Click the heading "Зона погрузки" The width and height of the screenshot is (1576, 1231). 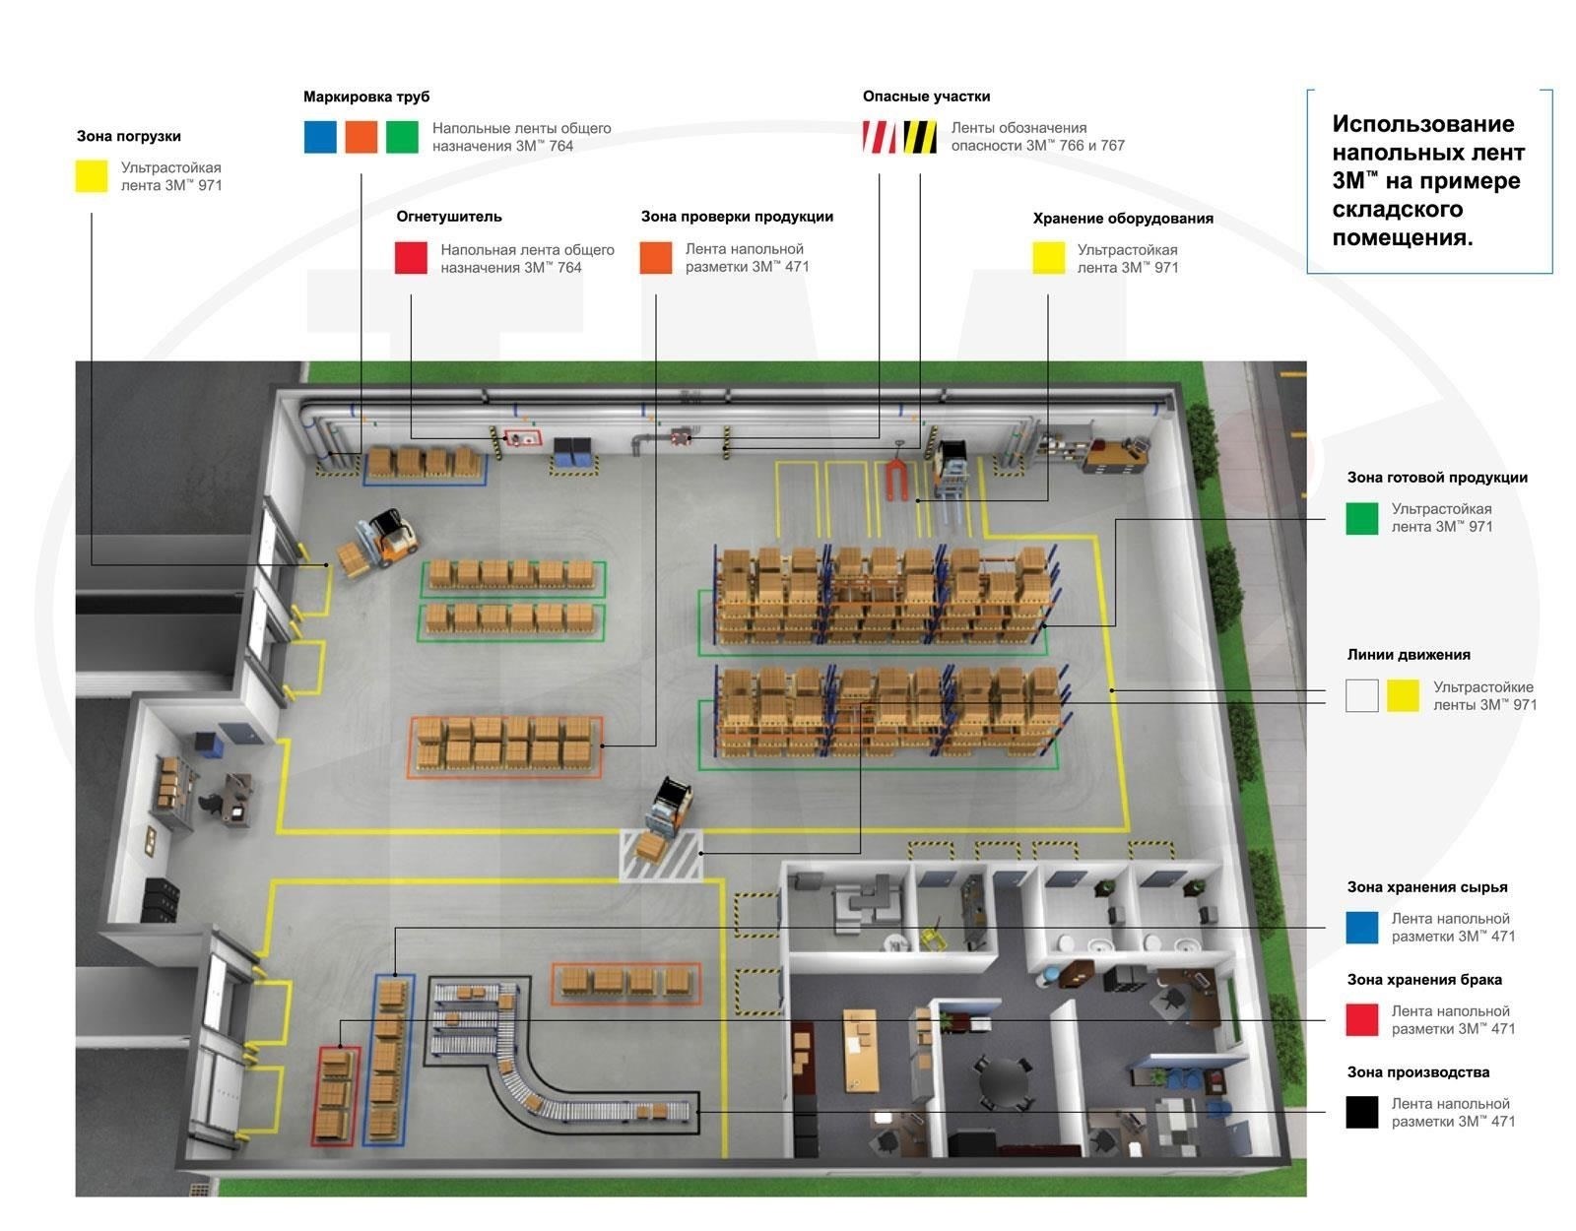[x=129, y=136]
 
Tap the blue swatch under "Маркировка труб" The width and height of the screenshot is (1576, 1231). [x=320, y=137]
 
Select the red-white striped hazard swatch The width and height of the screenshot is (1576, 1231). [x=879, y=137]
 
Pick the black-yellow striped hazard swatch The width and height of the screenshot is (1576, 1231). [x=920, y=137]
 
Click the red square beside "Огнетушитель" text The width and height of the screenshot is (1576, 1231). [x=411, y=258]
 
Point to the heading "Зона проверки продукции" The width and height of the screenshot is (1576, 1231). [x=737, y=217]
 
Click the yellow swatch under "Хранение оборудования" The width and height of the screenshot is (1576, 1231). [x=1048, y=258]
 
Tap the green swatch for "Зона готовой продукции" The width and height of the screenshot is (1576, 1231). [x=1362, y=518]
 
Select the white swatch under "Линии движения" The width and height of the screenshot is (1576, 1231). [x=1362, y=695]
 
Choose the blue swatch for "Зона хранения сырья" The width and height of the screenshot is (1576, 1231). [x=1362, y=928]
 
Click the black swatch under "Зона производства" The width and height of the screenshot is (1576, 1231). [x=1362, y=1113]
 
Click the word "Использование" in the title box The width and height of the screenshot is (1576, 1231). [x=1423, y=124]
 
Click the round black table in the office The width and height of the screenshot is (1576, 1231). [x=1003, y=1081]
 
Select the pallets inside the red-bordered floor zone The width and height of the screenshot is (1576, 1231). [x=337, y=1093]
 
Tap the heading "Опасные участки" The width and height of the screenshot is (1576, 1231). [x=926, y=97]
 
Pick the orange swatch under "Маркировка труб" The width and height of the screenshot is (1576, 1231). [x=361, y=137]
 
